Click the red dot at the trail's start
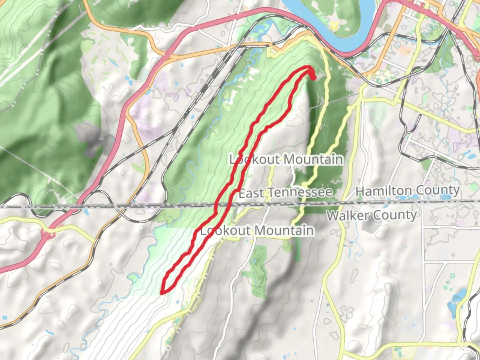[x=313, y=77]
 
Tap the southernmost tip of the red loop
[x=162, y=293]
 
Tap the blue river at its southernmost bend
[x=347, y=52]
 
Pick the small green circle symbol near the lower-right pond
[x=452, y=276]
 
